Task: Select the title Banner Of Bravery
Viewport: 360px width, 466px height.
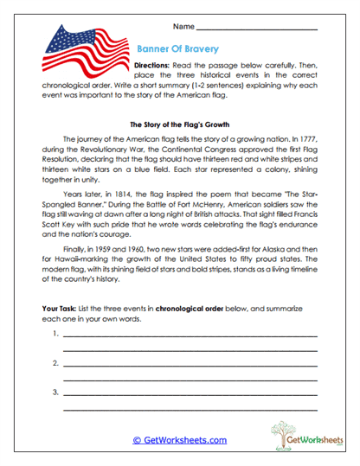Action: pos(178,49)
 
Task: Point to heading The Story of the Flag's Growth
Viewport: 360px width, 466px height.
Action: pos(179,124)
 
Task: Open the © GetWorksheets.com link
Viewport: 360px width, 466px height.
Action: pos(179,439)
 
